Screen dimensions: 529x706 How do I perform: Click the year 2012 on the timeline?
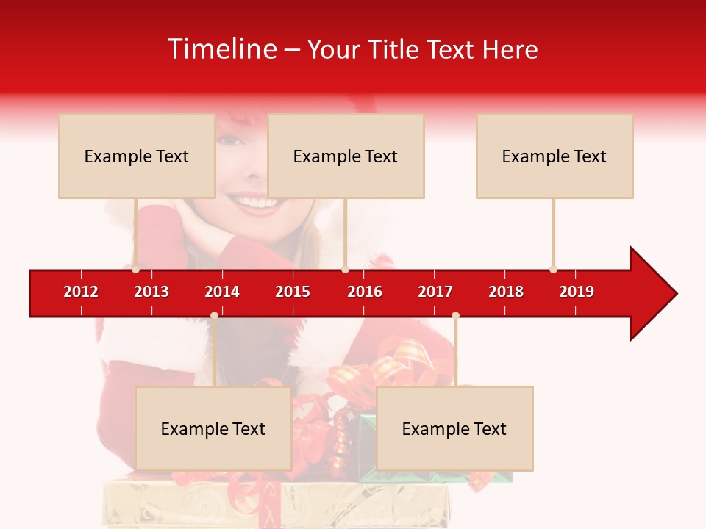tap(81, 292)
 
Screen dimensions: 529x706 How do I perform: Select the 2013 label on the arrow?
tap(151, 292)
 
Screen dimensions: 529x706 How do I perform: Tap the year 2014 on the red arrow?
tap(222, 292)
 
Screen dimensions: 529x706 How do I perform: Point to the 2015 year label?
tap(293, 292)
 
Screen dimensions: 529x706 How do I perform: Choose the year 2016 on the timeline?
tap(365, 292)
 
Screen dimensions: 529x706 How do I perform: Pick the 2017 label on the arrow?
tap(435, 292)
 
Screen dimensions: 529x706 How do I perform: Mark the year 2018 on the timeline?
tap(506, 292)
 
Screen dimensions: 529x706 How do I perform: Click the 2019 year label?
tap(577, 292)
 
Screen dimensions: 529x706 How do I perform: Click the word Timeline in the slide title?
tap(221, 49)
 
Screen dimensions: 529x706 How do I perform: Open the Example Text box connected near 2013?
tap(137, 156)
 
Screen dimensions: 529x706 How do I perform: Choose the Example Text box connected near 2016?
tap(346, 156)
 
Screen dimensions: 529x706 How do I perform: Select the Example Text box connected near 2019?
tap(555, 156)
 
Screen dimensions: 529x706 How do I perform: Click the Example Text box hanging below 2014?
tap(213, 428)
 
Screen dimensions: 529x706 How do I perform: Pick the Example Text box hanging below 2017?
tap(454, 428)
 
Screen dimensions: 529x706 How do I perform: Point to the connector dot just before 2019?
tap(553, 269)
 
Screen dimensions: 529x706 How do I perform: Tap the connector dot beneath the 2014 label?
tap(214, 316)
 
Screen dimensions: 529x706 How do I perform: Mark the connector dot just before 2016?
tap(345, 269)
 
